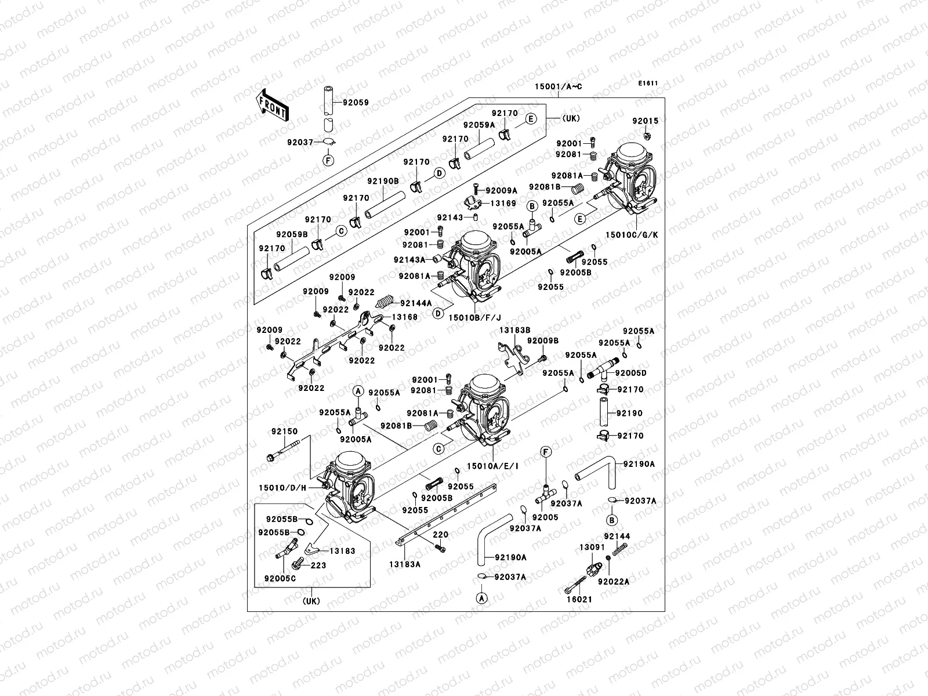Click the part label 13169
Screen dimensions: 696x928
[503, 204]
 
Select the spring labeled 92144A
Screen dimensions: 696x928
[385, 302]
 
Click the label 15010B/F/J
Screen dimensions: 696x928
[474, 317]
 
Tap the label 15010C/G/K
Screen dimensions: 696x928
[632, 235]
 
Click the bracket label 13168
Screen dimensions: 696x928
[404, 317]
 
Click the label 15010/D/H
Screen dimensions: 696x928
[282, 488]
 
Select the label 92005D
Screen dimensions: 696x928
[630, 374]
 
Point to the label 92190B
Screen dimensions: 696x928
[382, 181]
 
